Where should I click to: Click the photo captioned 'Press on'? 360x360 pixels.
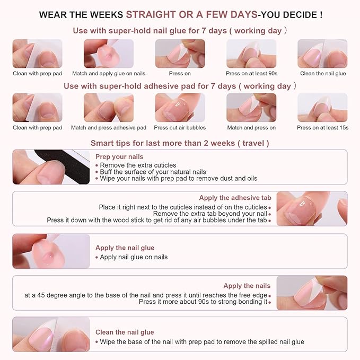(180, 54)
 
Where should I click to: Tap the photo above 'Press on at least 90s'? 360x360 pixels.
(251, 54)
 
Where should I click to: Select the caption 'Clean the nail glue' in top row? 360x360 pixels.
(323, 74)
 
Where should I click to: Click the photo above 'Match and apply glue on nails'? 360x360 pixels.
(109, 54)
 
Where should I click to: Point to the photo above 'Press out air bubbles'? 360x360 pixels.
(180, 108)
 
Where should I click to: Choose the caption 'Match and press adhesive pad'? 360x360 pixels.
(109, 128)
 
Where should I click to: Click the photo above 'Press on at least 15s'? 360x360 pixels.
(322, 108)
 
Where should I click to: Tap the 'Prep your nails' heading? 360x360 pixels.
(119, 157)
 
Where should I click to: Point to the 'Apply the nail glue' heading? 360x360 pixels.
(125, 248)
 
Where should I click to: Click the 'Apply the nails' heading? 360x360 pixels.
(247, 286)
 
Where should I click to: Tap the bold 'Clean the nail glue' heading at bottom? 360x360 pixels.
(125, 332)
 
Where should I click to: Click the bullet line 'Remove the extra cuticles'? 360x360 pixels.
(138, 165)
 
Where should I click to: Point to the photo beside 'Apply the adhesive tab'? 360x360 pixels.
(312, 208)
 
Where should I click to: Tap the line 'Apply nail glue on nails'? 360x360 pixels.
(134, 257)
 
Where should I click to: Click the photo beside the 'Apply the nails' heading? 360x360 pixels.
(312, 293)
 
